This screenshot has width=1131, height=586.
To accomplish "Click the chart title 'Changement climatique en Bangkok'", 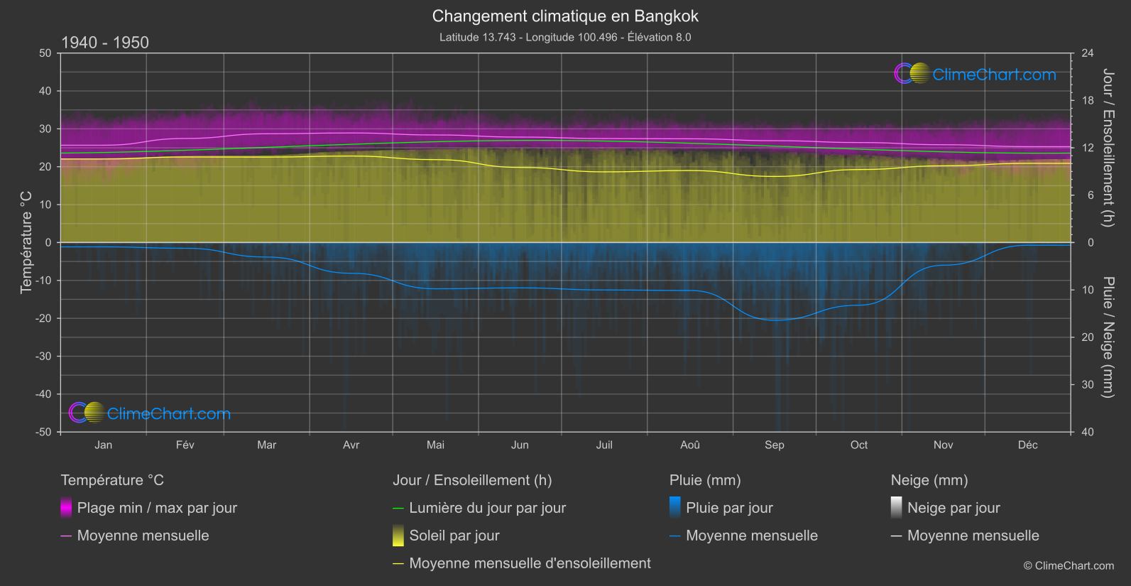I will pyautogui.click(x=565, y=16).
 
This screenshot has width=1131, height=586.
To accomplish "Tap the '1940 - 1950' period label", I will pyautogui.click(x=105, y=43).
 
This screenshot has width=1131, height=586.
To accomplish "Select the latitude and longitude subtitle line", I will pyautogui.click(x=565, y=37).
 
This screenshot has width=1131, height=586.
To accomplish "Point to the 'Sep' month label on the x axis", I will pyautogui.click(x=774, y=445).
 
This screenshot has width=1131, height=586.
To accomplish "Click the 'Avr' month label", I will pyautogui.click(x=351, y=445).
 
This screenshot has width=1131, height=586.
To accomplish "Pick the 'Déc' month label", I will pyautogui.click(x=1027, y=445).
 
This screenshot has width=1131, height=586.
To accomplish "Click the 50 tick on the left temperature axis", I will pyautogui.click(x=45, y=53).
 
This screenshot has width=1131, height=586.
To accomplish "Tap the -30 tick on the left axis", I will pyautogui.click(x=43, y=356).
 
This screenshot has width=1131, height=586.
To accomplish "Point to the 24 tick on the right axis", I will pyautogui.click(x=1087, y=53).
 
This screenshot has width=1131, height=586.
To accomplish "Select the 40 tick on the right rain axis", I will pyautogui.click(x=1087, y=432).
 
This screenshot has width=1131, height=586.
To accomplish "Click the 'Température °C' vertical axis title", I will pyautogui.click(x=26, y=242).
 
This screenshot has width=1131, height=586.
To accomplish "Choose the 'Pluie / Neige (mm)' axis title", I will pyautogui.click(x=1108, y=337).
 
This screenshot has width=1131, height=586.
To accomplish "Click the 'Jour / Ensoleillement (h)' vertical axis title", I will pyautogui.click(x=1108, y=148).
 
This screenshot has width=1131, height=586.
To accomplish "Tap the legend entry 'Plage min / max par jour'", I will pyautogui.click(x=157, y=508).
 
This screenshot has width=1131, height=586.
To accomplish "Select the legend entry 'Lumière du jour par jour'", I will pyautogui.click(x=487, y=508).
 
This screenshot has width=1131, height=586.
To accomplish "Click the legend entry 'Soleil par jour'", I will pyautogui.click(x=454, y=536).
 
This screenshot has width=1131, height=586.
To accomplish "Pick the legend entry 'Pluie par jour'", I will pyautogui.click(x=729, y=508).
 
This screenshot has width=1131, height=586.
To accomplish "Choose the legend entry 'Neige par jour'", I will pyautogui.click(x=954, y=508).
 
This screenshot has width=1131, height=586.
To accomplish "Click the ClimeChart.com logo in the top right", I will pyautogui.click(x=976, y=74).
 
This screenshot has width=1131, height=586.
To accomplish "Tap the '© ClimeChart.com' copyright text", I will pyautogui.click(x=1069, y=565).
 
